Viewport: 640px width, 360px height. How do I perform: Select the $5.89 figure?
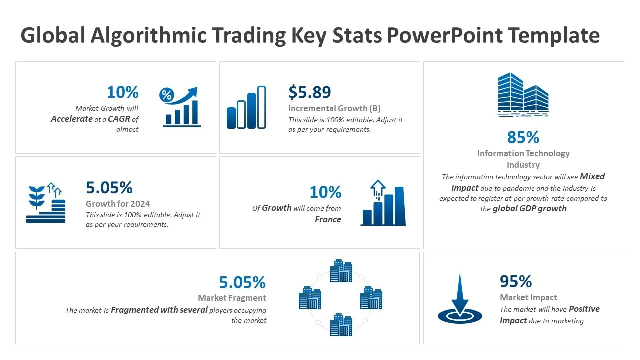309,92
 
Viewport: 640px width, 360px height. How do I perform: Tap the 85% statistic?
523,137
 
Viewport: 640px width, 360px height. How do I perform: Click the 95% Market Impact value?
515,281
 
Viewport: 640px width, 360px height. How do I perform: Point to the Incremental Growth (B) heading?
334,108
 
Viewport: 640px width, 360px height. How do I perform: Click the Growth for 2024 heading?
118,204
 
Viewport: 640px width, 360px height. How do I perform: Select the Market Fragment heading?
232,298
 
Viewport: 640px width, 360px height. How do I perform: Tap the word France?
328,219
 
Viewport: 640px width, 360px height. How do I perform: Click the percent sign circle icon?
166,95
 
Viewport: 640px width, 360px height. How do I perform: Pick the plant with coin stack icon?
46,203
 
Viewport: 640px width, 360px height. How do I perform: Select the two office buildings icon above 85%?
523,94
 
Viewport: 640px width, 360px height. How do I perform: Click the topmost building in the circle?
341,271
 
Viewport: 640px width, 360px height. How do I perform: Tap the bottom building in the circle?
341,324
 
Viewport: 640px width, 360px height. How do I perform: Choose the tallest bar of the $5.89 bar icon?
261,107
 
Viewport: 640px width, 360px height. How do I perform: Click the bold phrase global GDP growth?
529,209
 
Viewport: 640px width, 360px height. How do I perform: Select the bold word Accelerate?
71,119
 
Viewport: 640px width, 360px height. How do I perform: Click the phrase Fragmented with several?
159,310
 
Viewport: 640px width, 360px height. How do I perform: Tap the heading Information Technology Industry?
523,159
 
